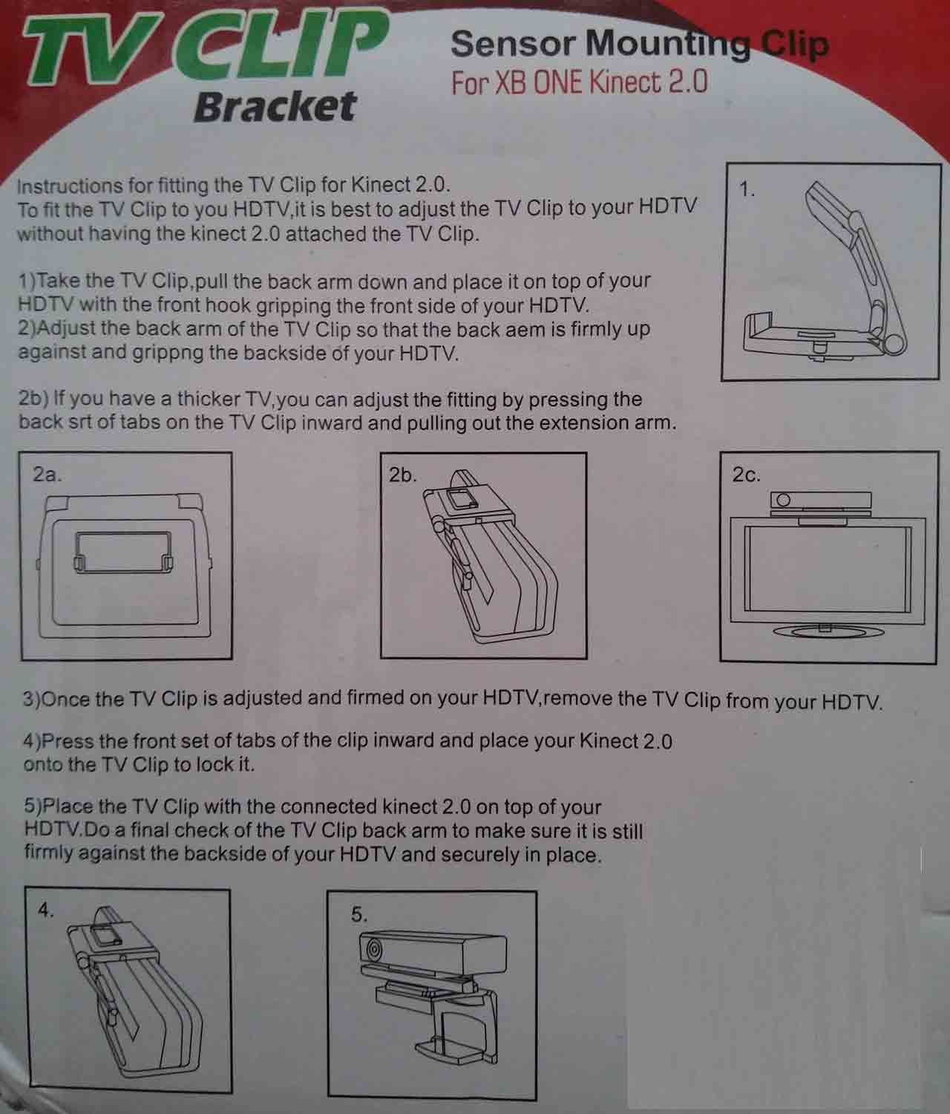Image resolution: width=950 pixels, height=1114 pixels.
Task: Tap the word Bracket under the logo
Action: pyautogui.click(x=275, y=105)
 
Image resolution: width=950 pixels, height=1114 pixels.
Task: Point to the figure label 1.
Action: pyautogui.click(x=747, y=189)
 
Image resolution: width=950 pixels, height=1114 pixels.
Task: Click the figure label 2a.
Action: pyautogui.click(x=47, y=475)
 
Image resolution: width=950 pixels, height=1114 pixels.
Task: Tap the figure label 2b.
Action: pyautogui.click(x=403, y=475)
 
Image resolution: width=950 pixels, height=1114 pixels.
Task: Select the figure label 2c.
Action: pyautogui.click(x=746, y=475)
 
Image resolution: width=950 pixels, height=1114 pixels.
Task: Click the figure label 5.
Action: pyautogui.click(x=358, y=914)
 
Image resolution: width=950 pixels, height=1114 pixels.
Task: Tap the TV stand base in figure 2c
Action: pyautogui.click(x=828, y=631)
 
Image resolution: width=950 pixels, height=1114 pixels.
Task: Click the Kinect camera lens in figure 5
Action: pyautogui.click(x=373, y=948)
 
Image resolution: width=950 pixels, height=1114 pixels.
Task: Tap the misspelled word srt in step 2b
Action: pyautogui.click(x=80, y=421)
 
